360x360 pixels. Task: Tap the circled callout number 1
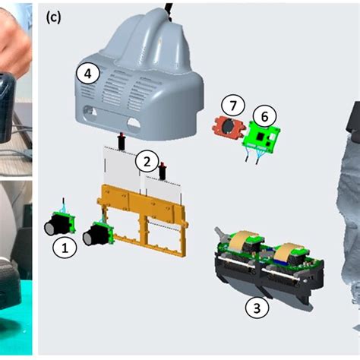65,247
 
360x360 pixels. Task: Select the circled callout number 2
147,161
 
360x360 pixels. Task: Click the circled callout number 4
88,73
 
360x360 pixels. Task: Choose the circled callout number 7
232,104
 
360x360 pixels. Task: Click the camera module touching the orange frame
99,234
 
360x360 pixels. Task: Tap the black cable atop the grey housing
171,8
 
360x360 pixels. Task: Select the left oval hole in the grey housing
94,119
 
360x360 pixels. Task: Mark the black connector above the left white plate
121,142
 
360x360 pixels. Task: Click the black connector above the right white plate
162,166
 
